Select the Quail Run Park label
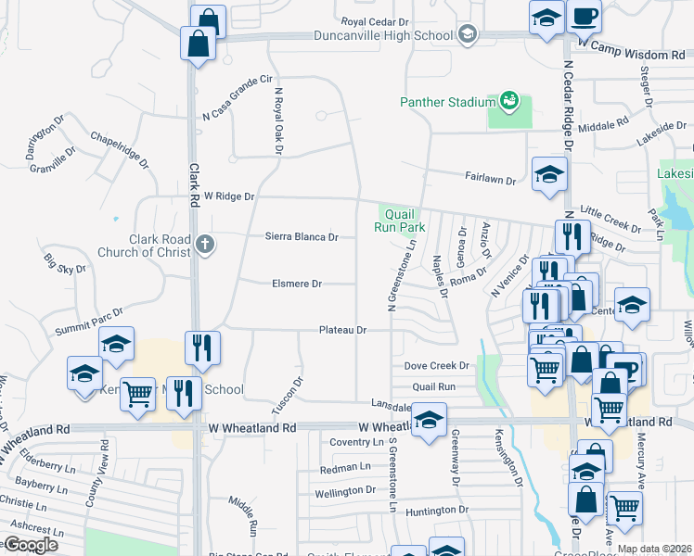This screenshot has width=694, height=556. [x=399, y=220]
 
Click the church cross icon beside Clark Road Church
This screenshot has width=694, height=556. [x=206, y=246]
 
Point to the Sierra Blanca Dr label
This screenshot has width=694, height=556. [x=302, y=237]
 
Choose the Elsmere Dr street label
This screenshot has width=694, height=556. [x=296, y=284]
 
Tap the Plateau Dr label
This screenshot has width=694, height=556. [x=343, y=330]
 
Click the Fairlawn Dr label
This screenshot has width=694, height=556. [x=490, y=182]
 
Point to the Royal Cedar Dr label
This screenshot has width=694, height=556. [x=375, y=20]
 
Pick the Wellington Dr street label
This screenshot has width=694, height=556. [x=344, y=491]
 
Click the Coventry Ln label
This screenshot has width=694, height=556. [x=350, y=443]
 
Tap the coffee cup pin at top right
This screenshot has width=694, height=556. [x=584, y=16]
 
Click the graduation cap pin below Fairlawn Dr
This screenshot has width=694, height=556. [x=549, y=174]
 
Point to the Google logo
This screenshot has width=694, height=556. [x=30, y=545]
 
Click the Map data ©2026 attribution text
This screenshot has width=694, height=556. [x=653, y=549]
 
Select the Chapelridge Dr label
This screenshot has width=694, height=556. [x=119, y=149]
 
